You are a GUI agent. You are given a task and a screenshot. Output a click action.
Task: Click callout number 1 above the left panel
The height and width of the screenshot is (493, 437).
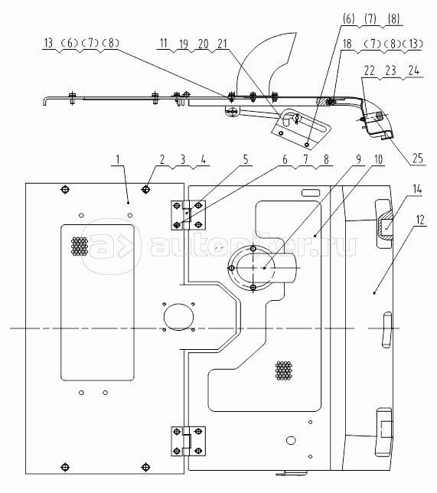[118, 159]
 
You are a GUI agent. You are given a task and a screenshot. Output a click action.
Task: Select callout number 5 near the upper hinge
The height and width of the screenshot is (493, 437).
[246, 159]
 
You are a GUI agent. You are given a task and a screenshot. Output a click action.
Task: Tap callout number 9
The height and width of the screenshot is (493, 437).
[359, 159]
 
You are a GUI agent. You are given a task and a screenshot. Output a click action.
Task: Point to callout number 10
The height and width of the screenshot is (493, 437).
[379, 159]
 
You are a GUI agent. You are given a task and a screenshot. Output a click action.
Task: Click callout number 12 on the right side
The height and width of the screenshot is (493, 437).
[421, 220]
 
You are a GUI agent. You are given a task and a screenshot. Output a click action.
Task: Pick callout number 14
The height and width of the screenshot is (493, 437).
[417, 189]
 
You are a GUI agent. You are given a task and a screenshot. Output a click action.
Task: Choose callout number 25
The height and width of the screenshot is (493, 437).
[418, 158]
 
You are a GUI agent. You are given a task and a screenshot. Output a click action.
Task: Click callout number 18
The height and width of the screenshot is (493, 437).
[347, 44]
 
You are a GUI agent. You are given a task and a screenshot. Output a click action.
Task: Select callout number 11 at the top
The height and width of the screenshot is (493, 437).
[163, 43]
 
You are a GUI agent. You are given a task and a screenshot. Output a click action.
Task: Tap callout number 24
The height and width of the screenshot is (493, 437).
[414, 70]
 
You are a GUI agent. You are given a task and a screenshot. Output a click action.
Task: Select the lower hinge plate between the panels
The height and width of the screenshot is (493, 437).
[188, 441]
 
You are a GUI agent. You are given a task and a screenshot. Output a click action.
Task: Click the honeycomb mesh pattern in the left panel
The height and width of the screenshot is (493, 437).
[80, 246]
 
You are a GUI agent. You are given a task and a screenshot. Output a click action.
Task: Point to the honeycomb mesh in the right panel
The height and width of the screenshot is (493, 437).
[284, 371]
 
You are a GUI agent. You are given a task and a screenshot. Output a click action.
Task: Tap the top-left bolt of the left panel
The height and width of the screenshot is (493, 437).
[65, 190]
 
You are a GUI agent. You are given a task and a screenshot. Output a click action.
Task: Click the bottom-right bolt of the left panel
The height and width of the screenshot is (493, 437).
[145, 467]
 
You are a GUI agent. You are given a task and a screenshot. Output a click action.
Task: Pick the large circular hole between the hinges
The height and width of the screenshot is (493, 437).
[179, 317]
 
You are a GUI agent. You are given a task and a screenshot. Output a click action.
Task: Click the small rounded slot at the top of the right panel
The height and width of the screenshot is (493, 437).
[311, 193]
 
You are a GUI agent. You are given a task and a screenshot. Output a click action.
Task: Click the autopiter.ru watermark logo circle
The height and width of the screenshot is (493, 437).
[112, 246]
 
